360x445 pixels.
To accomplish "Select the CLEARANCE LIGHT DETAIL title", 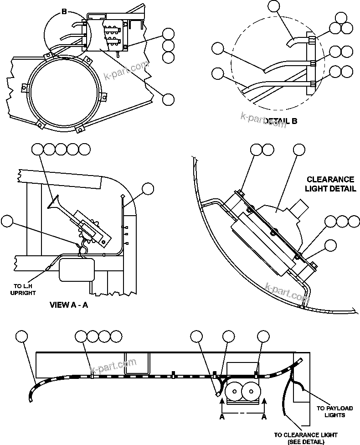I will (x=330, y=184).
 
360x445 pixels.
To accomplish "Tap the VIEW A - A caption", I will (x=68, y=305).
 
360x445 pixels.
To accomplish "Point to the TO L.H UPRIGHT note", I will (x=23, y=290).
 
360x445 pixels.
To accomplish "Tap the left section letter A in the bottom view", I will (x=222, y=417).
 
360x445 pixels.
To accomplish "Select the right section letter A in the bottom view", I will (x=263, y=417).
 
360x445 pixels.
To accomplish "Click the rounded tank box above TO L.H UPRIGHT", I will (x=77, y=269).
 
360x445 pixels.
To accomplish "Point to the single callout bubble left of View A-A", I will (x=8, y=221).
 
